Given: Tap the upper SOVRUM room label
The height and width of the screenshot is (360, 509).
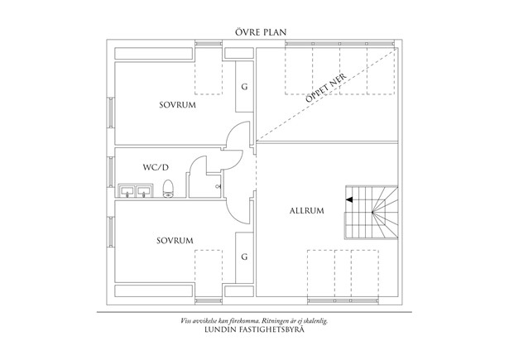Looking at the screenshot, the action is click(x=175, y=105).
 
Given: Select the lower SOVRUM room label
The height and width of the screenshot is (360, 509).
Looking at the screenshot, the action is click(x=175, y=241).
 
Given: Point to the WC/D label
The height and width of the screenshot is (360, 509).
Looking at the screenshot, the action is click(x=154, y=167).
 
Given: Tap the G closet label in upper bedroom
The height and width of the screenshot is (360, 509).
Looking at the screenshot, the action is click(x=244, y=87).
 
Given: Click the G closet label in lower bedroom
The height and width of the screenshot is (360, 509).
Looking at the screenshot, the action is click(x=244, y=257).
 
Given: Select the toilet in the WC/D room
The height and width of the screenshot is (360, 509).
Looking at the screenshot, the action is click(x=167, y=190).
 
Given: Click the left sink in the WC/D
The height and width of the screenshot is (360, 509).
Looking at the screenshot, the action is click(x=129, y=191).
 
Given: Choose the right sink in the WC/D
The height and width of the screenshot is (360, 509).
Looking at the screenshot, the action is click(x=146, y=191).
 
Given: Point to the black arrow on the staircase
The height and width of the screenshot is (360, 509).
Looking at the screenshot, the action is click(x=351, y=199).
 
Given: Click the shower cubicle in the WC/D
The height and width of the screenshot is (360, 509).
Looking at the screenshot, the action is click(x=204, y=178).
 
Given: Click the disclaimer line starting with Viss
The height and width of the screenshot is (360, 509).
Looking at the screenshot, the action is click(x=254, y=319).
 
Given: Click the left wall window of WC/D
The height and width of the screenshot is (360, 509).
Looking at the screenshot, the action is click(x=110, y=172).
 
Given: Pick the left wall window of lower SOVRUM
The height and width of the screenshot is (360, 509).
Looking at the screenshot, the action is click(x=110, y=233).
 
